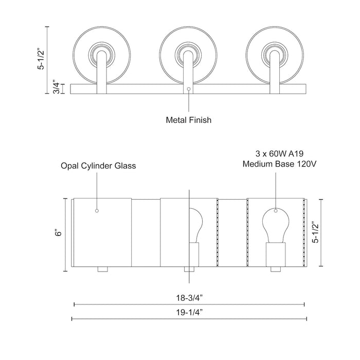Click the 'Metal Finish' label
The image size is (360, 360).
pos(189,120)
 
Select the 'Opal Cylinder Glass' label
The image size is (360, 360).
pos(98,166)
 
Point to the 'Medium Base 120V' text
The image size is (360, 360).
pos(276,165)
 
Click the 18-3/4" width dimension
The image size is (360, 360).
pos(189,297)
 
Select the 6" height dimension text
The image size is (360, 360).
pos(59,233)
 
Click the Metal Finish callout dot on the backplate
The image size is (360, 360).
pos(189,89)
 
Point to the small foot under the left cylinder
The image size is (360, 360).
pos(102,269)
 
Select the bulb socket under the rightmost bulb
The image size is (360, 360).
pos(275,255)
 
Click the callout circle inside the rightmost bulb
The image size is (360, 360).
pos(276,210)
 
